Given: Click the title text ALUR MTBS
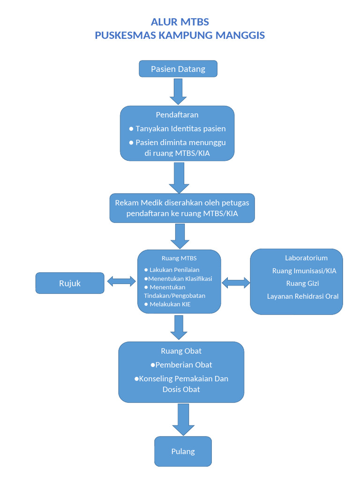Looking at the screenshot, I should pyautogui.click(x=180, y=22).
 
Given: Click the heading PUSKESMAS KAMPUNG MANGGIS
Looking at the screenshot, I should pyautogui.click(x=180, y=35).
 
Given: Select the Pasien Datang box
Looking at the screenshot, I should pyautogui.click(x=178, y=69).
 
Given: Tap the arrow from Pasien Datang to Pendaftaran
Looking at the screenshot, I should pyautogui.click(x=178, y=91).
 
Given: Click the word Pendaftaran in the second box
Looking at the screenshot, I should pyautogui.click(x=177, y=115).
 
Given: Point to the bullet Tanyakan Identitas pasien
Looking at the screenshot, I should pyautogui.click(x=178, y=128).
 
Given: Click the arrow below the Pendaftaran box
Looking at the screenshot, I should pyautogui.click(x=179, y=178).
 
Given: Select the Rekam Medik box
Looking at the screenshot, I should pyautogui.click(x=182, y=208).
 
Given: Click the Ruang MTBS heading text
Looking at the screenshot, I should pyautogui.click(x=179, y=258).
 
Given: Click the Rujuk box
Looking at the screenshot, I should pyautogui.click(x=70, y=283).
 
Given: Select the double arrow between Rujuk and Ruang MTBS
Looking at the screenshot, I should pyautogui.click(x=121, y=281).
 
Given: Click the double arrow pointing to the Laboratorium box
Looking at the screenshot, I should pyautogui.click(x=235, y=282).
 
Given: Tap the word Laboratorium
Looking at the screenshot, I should pyautogui.click(x=306, y=258).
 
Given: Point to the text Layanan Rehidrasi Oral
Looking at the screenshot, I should pyautogui.click(x=303, y=296).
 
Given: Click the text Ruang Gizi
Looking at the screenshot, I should pyautogui.click(x=303, y=284).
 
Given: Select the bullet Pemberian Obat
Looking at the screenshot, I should pyautogui.click(x=181, y=365).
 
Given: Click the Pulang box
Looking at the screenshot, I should pyautogui.click(x=183, y=451).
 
